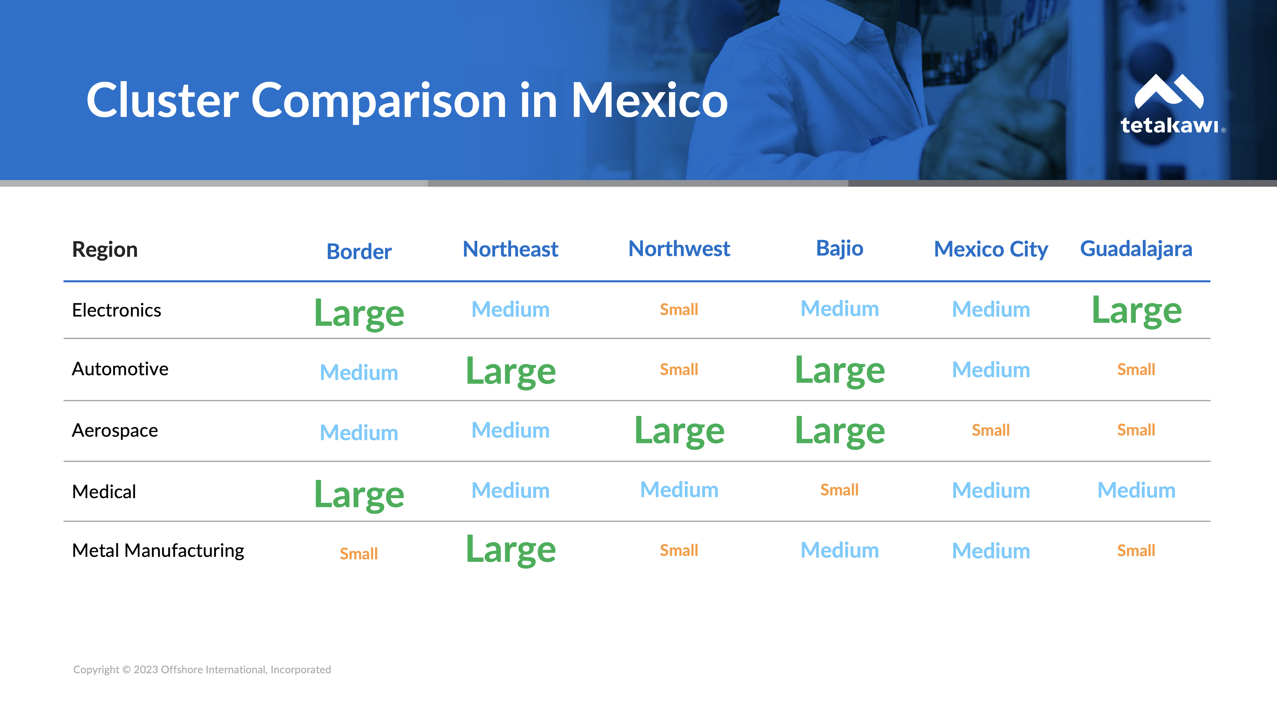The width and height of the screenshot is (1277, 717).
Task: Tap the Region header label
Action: pos(105,249)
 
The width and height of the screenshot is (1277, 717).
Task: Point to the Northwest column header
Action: pos(679,249)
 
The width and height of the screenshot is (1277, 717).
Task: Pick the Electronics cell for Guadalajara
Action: pos(1137,311)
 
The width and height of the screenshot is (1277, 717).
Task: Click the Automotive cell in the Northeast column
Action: pos(511,372)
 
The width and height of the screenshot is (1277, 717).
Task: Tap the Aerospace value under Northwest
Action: pos(679,431)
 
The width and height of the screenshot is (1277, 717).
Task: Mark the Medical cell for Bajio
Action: pos(839,490)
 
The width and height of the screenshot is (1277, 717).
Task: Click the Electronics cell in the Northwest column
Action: pos(679,310)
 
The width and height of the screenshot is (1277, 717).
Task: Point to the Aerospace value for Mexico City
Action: pos(990,430)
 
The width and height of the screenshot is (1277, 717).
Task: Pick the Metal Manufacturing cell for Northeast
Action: pos(511,550)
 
